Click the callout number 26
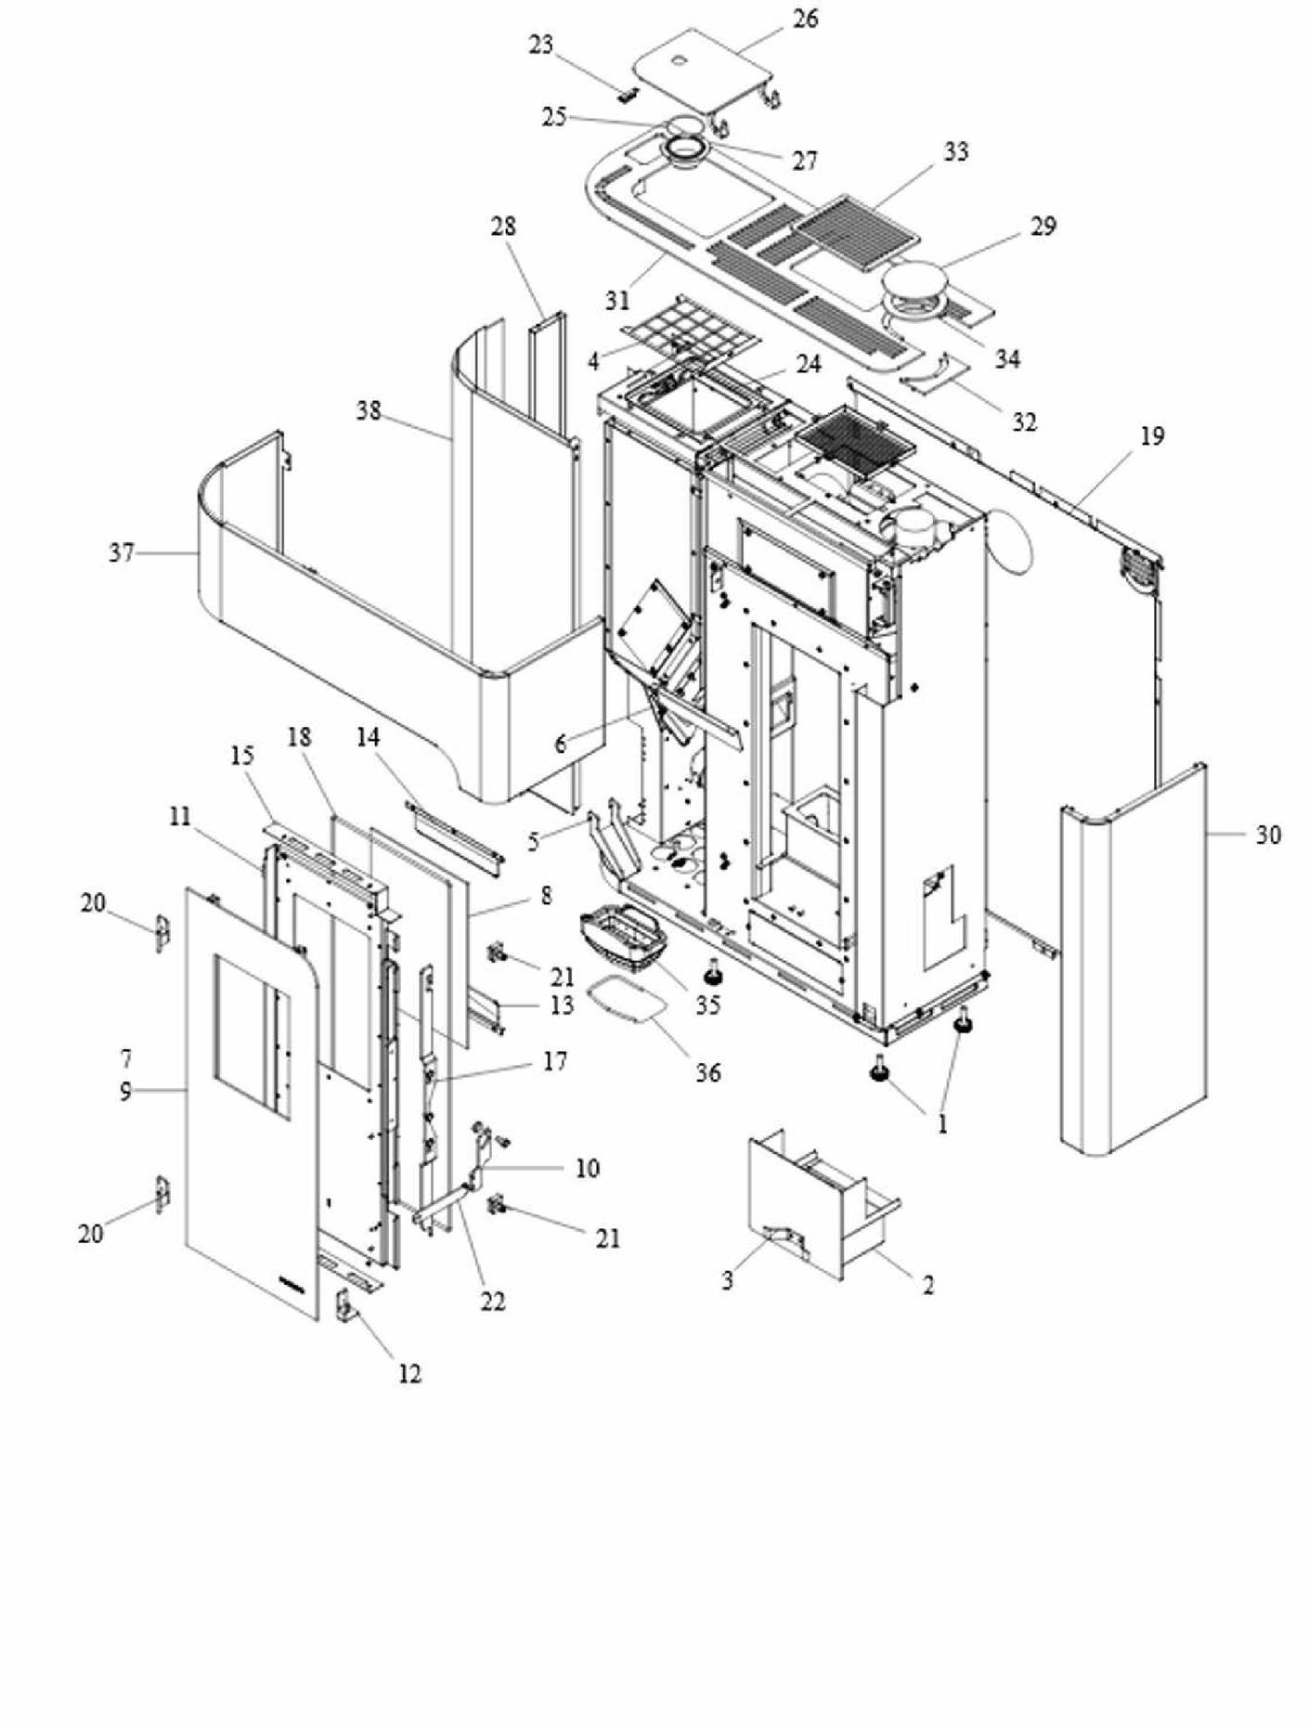pyautogui.click(x=806, y=19)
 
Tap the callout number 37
pyautogui.click(x=122, y=553)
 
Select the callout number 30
pyautogui.click(x=1268, y=835)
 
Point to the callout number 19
pyautogui.click(x=1151, y=436)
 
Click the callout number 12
pyautogui.click(x=409, y=1373)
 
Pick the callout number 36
pyautogui.click(x=707, y=1072)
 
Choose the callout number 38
pyautogui.click(x=369, y=410)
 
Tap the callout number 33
pyautogui.click(x=955, y=151)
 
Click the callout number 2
pyautogui.click(x=927, y=1285)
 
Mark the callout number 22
pyautogui.click(x=492, y=1302)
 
